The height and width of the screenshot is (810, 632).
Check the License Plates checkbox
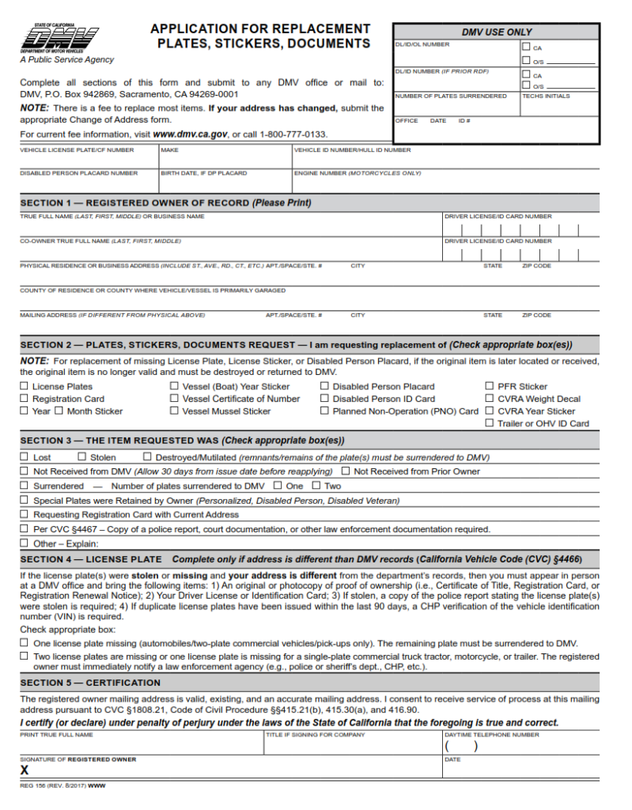(x=25, y=387)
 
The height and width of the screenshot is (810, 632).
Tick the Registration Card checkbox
(x=25, y=399)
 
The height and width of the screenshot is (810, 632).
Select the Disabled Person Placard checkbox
(x=325, y=387)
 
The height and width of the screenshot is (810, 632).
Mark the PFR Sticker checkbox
(x=490, y=387)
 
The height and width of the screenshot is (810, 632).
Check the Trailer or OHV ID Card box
(x=490, y=423)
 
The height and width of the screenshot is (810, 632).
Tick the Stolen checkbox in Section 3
(x=82, y=457)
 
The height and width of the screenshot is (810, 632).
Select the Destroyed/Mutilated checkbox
(x=147, y=457)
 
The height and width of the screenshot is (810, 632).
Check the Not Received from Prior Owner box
(x=346, y=471)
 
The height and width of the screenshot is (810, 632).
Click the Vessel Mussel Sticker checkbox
(x=175, y=411)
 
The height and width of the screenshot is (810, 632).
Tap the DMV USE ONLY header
(x=497, y=32)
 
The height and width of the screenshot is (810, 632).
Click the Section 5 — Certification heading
(x=90, y=683)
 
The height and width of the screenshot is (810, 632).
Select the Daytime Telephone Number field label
(x=491, y=735)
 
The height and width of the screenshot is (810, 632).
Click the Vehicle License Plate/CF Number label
(x=77, y=150)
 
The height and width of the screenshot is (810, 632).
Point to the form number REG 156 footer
(x=63, y=785)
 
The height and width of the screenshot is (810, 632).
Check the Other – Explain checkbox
(x=25, y=543)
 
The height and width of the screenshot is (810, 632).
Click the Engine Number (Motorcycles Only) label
(x=358, y=172)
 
